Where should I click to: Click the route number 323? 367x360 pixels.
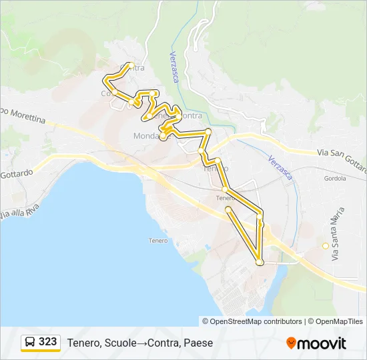[47, 342]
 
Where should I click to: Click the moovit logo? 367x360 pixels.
[316, 343]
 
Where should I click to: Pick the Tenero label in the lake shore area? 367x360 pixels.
[158, 240]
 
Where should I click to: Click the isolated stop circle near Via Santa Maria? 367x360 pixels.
[326, 246]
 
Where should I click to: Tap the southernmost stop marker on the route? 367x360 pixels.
[260, 263]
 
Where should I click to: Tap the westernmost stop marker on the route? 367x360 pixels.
[105, 79]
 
